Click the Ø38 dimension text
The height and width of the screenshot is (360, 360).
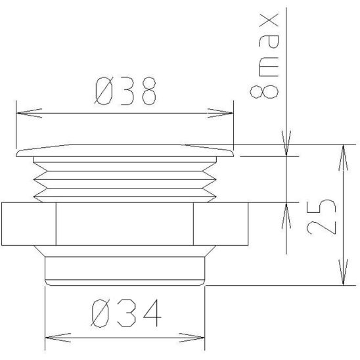click(x=125, y=92)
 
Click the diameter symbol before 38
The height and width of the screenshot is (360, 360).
click(x=104, y=92)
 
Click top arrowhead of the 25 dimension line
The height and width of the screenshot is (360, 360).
click(x=342, y=153)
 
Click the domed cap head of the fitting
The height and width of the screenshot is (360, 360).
click(x=123, y=151)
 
